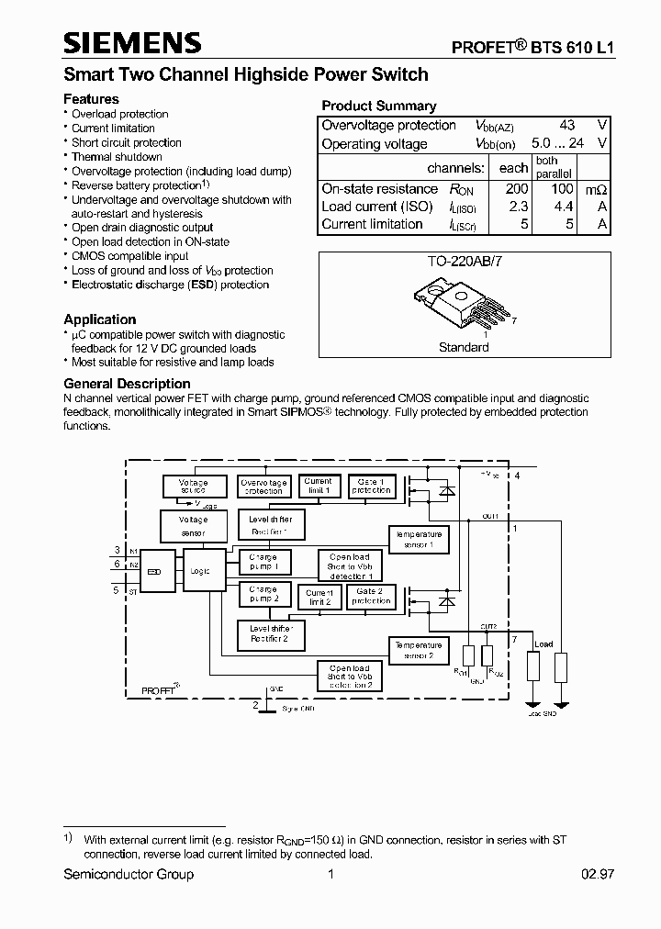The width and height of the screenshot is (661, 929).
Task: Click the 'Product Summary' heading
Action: pos(378,106)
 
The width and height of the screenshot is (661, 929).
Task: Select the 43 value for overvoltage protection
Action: pos(566,125)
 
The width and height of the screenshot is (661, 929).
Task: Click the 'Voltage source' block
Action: pos(193,487)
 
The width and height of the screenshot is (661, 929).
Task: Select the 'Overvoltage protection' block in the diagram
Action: pos(263,487)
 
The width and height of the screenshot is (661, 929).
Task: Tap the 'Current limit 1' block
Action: pos(318,486)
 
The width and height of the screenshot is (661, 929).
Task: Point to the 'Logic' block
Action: pos(199,571)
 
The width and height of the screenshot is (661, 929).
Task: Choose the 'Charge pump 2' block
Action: pos(263,594)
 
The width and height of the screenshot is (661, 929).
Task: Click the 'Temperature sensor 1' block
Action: pos(418,540)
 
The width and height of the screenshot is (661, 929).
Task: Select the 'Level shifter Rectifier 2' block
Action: pos(269,633)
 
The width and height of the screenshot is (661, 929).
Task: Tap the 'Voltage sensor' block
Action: pos(193,527)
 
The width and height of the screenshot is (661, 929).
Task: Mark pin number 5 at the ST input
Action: pos(117,590)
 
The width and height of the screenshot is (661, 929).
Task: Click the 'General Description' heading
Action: pos(127,384)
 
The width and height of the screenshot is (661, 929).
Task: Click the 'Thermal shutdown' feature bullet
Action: pos(117,157)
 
